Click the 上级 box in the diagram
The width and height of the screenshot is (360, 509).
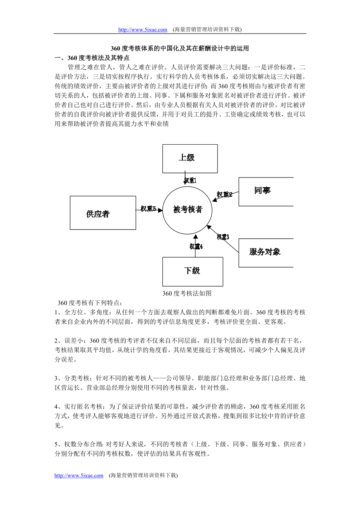[190, 158]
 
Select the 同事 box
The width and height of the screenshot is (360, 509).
[266, 191]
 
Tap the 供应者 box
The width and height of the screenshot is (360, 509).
[103, 213]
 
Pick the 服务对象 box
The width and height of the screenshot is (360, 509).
[266, 253]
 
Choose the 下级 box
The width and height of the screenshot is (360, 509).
[193, 271]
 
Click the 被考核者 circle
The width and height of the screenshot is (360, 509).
[188, 210]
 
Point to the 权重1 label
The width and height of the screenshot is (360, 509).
[190, 181]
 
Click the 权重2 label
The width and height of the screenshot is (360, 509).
[225, 194]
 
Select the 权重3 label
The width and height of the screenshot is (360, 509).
[223, 237]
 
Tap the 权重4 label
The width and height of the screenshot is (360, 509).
[196, 246]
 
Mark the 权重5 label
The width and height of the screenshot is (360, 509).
[149, 209]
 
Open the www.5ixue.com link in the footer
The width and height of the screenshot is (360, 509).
[79, 475]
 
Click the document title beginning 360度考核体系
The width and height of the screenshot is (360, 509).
[180, 49]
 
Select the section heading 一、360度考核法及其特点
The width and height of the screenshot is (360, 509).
[92, 58]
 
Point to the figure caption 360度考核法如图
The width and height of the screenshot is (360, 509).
[187, 293]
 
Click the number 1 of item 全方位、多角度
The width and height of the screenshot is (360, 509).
[56, 312]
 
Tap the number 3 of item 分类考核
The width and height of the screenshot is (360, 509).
[56, 378]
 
